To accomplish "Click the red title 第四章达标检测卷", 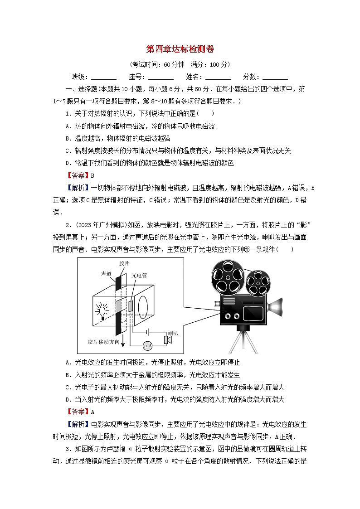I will [x=180, y=48].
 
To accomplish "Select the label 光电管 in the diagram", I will [x=139, y=275].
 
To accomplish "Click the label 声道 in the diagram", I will [x=106, y=274].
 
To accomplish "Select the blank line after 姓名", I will [x=218, y=78].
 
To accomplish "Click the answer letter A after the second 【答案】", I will [x=92, y=412].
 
